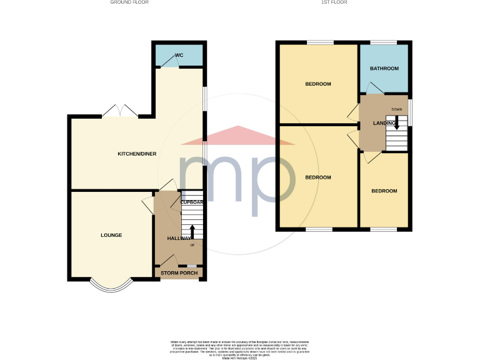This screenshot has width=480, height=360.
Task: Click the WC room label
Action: coord(179,56)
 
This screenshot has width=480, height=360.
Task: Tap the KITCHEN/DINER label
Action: coord(137,154)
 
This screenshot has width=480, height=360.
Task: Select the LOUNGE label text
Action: coord(111,236)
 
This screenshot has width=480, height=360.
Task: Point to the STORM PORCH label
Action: coord(178,274)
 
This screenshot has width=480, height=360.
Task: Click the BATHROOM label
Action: coord(384,68)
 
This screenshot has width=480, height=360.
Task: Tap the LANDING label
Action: coord(384,123)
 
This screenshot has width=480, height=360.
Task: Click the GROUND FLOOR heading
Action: coord(129,2)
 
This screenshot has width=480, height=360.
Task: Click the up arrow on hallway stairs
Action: coord(192,230)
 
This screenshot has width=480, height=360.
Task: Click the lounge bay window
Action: coord(111,287)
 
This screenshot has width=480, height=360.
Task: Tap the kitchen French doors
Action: coord(119,111)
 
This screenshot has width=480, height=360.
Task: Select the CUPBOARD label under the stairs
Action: coord(191,202)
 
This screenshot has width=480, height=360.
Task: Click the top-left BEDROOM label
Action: coord(317,84)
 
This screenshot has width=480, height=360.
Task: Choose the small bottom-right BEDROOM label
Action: coord(384,191)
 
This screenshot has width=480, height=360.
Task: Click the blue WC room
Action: coord(179,57)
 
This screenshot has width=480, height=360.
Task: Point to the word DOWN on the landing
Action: coord(396,109)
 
